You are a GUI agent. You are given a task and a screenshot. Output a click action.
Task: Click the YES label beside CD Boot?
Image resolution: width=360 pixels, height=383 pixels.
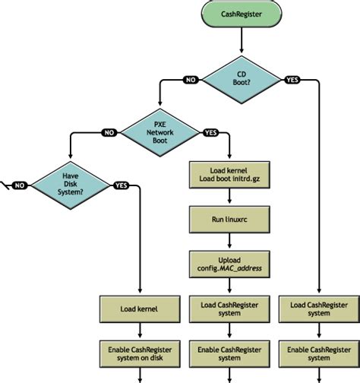[291, 79]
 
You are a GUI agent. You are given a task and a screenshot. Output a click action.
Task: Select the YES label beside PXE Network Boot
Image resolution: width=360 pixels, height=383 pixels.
[210, 131]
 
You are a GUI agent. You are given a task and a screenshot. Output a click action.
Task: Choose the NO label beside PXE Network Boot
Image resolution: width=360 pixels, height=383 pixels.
[109, 131]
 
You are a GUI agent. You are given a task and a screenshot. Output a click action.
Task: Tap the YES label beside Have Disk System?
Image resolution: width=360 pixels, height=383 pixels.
[121, 185]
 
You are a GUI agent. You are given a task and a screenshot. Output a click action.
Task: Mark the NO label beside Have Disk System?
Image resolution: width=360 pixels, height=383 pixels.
[21, 185]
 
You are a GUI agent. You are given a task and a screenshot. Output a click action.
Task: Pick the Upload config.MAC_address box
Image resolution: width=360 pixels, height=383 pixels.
[229, 264]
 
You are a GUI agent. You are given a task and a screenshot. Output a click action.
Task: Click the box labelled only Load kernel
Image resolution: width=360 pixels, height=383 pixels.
[139, 309]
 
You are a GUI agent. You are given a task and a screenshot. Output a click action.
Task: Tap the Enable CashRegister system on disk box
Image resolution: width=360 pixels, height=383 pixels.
[139, 353]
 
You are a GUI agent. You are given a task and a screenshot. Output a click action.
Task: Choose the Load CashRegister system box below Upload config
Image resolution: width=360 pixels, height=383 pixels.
[229, 309]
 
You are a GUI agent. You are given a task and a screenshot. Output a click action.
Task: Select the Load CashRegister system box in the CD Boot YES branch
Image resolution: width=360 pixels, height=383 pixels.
[319, 309]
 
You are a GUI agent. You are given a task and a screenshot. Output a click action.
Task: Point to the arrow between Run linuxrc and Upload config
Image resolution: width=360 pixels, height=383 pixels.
[229, 242]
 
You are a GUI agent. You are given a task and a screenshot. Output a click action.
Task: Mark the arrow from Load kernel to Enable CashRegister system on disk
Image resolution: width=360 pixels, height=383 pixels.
[139, 331]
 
